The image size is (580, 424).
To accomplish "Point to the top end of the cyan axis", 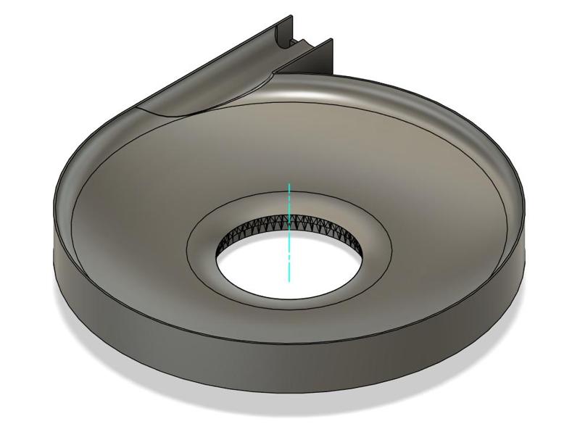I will [289, 184].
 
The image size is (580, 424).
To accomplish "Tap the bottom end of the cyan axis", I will [289, 281].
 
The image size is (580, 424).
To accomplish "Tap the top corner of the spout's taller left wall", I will [292, 15].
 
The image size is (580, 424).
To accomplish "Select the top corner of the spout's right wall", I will [331, 40].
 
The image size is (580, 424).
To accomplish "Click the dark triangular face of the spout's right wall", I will [323, 62].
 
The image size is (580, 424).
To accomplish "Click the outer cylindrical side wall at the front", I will [290, 362].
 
